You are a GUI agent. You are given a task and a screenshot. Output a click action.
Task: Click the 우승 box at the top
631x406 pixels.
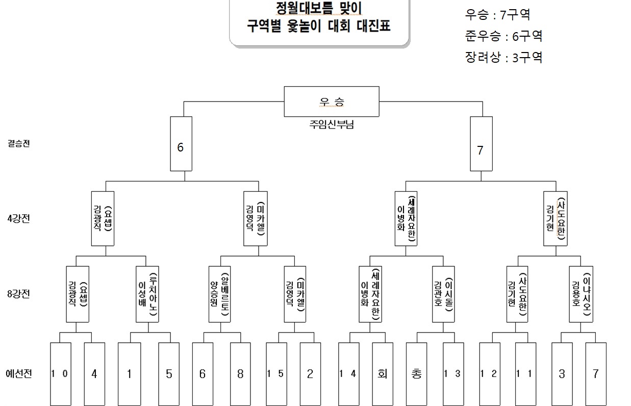[x=332, y=102]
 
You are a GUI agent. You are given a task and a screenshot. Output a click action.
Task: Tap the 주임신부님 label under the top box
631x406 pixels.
[x=332, y=124]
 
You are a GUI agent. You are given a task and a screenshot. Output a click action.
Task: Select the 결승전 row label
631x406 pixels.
[x=19, y=144]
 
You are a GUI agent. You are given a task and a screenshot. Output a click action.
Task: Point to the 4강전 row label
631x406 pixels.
[x=20, y=219]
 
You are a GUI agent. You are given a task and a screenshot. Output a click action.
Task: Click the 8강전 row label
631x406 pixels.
[x=20, y=294]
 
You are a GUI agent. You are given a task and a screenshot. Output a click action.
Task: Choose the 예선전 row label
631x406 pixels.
[x=20, y=374]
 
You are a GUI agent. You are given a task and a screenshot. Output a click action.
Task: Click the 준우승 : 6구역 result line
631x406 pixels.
[x=503, y=36]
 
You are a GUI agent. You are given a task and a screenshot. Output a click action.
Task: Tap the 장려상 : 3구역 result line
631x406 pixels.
[x=503, y=57]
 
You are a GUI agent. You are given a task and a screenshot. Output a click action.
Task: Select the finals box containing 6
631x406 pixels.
[x=181, y=144]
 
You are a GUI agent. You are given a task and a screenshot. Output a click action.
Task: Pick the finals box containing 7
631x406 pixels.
[x=481, y=144]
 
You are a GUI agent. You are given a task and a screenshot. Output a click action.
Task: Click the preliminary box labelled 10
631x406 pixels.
[x=60, y=374]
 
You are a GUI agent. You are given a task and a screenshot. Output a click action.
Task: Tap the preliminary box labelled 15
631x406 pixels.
[x=276, y=374]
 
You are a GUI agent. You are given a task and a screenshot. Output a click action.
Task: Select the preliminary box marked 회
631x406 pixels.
[x=382, y=374]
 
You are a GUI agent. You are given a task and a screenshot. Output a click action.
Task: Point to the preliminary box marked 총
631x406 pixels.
[x=416, y=374]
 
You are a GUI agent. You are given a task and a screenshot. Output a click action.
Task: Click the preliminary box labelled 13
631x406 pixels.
[x=453, y=374]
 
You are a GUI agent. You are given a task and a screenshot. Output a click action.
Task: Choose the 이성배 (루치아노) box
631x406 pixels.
[x=148, y=294]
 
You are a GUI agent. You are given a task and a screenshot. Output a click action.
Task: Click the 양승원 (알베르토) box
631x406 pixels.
[x=220, y=294]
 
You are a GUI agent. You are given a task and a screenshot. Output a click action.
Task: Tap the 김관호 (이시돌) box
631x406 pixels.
[x=443, y=294]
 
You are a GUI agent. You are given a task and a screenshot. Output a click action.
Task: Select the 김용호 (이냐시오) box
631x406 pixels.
[x=582, y=294]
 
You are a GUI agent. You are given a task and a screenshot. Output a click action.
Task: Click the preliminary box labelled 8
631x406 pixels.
[x=240, y=374]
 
